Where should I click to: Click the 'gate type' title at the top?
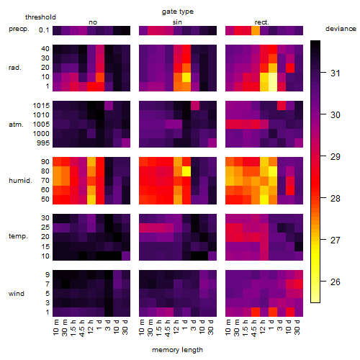(x=178, y=12)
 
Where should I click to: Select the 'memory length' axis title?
(x=177, y=350)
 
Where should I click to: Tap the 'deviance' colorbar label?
(x=341, y=29)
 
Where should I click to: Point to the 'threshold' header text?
(x=40, y=17)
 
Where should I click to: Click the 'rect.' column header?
(x=262, y=22)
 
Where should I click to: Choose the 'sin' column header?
(x=177, y=22)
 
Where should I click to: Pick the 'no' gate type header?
(x=93, y=22)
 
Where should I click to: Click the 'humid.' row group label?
(x=20, y=181)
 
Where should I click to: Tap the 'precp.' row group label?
(x=19, y=29)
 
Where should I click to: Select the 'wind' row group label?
(x=17, y=294)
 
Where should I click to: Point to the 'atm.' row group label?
(x=16, y=125)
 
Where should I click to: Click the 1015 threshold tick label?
(x=41, y=106)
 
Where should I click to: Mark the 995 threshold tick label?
(x=43, y=143)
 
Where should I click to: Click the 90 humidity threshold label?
(x=45, y=162)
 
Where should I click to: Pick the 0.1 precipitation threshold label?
(x=44, y=30)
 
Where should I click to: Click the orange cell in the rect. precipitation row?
(x=256, y=30)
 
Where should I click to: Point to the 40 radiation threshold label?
(x=45, y=49)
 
